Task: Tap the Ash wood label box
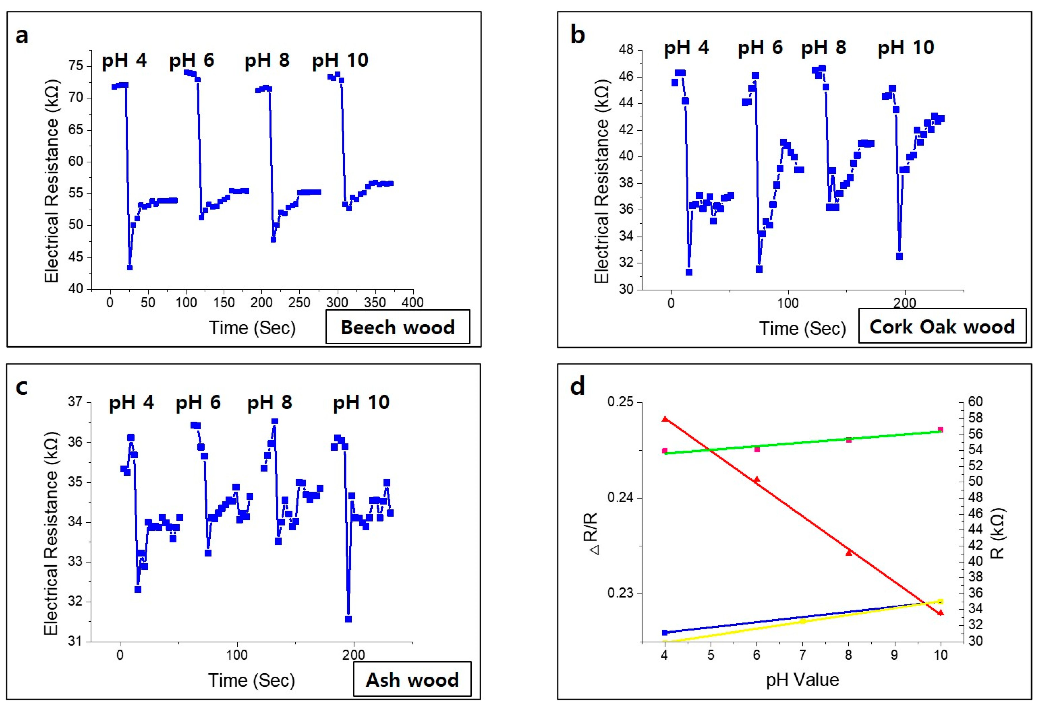click(x=412, y=680)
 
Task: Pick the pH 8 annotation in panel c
click(x=270, y=402)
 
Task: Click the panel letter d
click(x=577, y=386)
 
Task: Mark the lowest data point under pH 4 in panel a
click(x=129, y=268)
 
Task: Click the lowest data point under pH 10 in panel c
click(x=348, y=619)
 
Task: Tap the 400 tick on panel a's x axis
click(x=412, y=302)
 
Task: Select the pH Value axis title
click(x=802, y=680)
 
